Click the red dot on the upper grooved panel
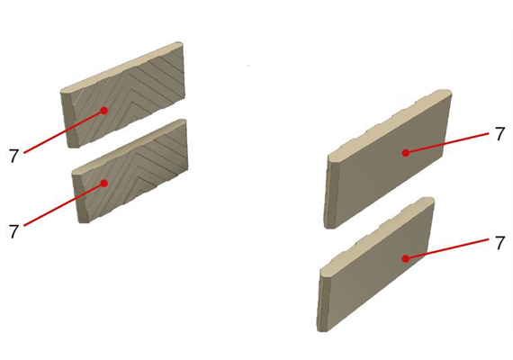(x=104, y=111)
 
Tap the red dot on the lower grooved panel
(x=104, y=184)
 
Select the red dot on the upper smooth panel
(x=406, y=152)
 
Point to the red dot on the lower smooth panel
(x=406, y=259)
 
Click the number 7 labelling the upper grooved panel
(x=13, y=157)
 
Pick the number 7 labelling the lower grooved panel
(x=13, y=231)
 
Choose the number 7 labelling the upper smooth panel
(x=499, y=134)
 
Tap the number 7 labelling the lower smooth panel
(x=499, y=244)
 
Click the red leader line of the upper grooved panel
(x=64, y=131)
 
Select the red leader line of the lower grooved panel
(x=64, y=204)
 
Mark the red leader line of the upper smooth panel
(x=447, y=143)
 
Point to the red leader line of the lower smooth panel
(x=447, y=249)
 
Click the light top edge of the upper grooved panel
(x=121, y=67)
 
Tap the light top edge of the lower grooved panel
(x=130, y=145)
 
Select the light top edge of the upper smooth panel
(x=390, y=124)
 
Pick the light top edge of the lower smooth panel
(x=377, y=236)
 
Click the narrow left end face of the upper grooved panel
(x=69, y=120)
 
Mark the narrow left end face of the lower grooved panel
(x=81, y=196)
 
